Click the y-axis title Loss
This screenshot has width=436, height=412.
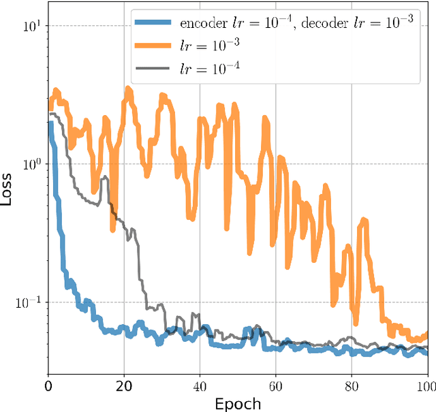[x=8, y=189]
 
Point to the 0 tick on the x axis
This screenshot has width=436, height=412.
[x=48, y=385]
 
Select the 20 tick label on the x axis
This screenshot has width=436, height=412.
[x=124, y=385]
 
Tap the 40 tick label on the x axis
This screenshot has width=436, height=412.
[x=200, y=385]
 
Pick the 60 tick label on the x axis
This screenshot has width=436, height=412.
[x=275, y=385]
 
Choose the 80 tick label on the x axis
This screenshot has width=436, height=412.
[x=352, y=385]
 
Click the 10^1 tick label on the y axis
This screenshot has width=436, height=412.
[x=31, y=27]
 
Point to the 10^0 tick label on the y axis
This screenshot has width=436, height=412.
[x=31, y=164]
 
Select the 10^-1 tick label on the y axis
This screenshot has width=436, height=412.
[x=29, y=302]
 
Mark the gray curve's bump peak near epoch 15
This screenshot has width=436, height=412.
[x=104, y=178]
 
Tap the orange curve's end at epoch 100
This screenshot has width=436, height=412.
[x=426, y=334]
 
